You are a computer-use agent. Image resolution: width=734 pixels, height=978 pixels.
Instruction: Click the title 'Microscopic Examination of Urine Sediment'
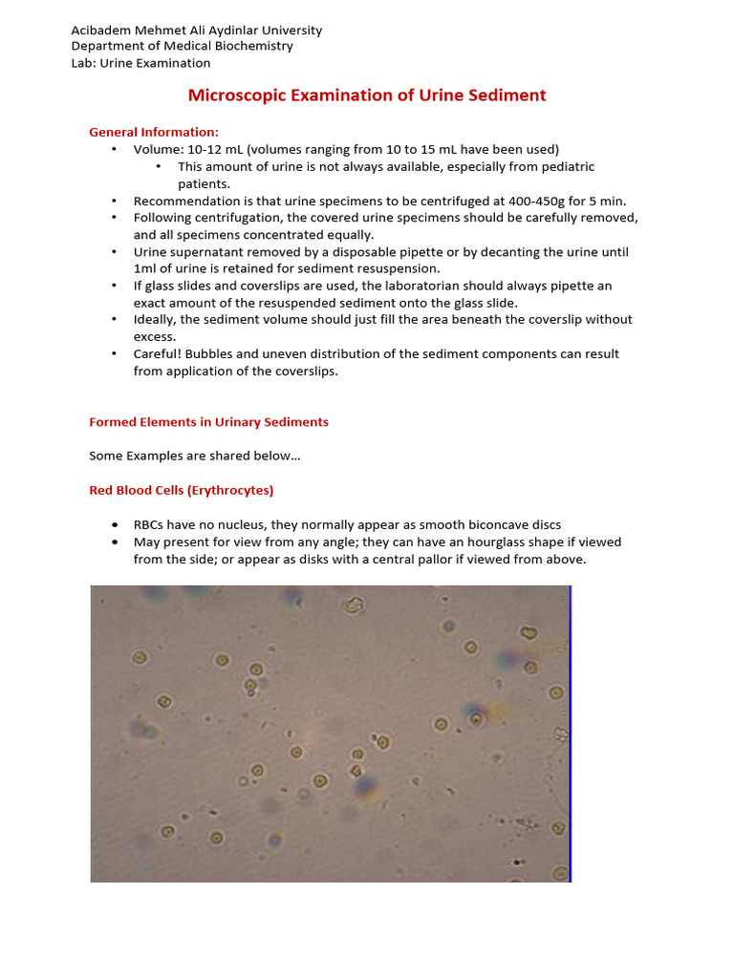pos(367,96)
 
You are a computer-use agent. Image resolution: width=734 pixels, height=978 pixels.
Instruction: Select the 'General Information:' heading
pos(154,132)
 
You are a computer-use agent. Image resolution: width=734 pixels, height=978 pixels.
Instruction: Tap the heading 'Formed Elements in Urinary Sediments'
pos(208,422)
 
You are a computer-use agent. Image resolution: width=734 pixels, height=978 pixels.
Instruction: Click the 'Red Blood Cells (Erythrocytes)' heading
pos(182,490)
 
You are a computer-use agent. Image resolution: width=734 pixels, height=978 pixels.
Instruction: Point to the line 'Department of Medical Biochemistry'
pos(182,46)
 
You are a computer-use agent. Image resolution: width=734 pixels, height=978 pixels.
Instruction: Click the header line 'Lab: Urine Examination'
pos(140,63)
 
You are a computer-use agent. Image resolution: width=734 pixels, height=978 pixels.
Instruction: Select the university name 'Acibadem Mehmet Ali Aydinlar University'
pos(196,30)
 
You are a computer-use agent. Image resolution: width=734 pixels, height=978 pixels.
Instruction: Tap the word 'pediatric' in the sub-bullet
pos(565,166)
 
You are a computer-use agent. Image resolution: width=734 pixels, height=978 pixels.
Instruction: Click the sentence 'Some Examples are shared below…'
pos(195,457)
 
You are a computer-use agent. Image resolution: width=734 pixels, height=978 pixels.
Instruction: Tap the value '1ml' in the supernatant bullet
pos(146,268)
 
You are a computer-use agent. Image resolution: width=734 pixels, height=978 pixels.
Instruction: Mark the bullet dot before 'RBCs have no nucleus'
pos(115,525)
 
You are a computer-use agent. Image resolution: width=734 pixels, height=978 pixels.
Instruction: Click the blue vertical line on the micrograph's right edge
pos(571,733)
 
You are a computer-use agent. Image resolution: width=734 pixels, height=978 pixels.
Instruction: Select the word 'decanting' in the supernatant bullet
pos(522,252)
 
